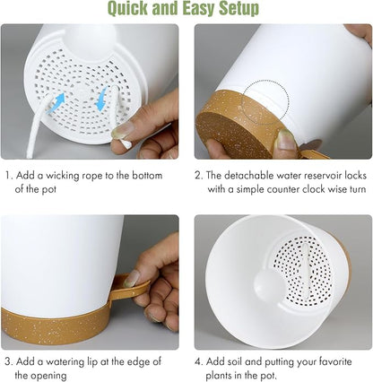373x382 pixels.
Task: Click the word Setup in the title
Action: click(235, 10)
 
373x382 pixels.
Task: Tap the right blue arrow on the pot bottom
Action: click(101, 96)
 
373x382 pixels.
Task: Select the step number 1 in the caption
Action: click(7, 176)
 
